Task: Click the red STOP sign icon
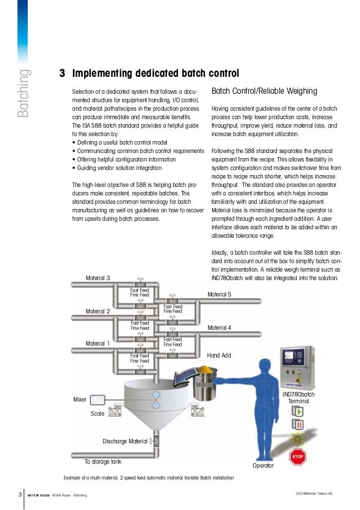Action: (297, 457)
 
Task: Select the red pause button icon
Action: (297, 425)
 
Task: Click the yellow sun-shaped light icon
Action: (297, 439)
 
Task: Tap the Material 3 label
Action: (98, 278)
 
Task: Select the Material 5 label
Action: (219, 294)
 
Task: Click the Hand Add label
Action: (219, 355)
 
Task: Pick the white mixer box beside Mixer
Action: (98, 400)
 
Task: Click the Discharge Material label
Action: (125, 441)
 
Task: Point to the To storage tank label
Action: (103, 461)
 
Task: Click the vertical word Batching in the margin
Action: (23, 94)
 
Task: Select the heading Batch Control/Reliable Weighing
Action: (264, 91)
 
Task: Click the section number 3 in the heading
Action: (62, 73)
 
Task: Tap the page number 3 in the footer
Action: (19, 495)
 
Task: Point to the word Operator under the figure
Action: (262, 466)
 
